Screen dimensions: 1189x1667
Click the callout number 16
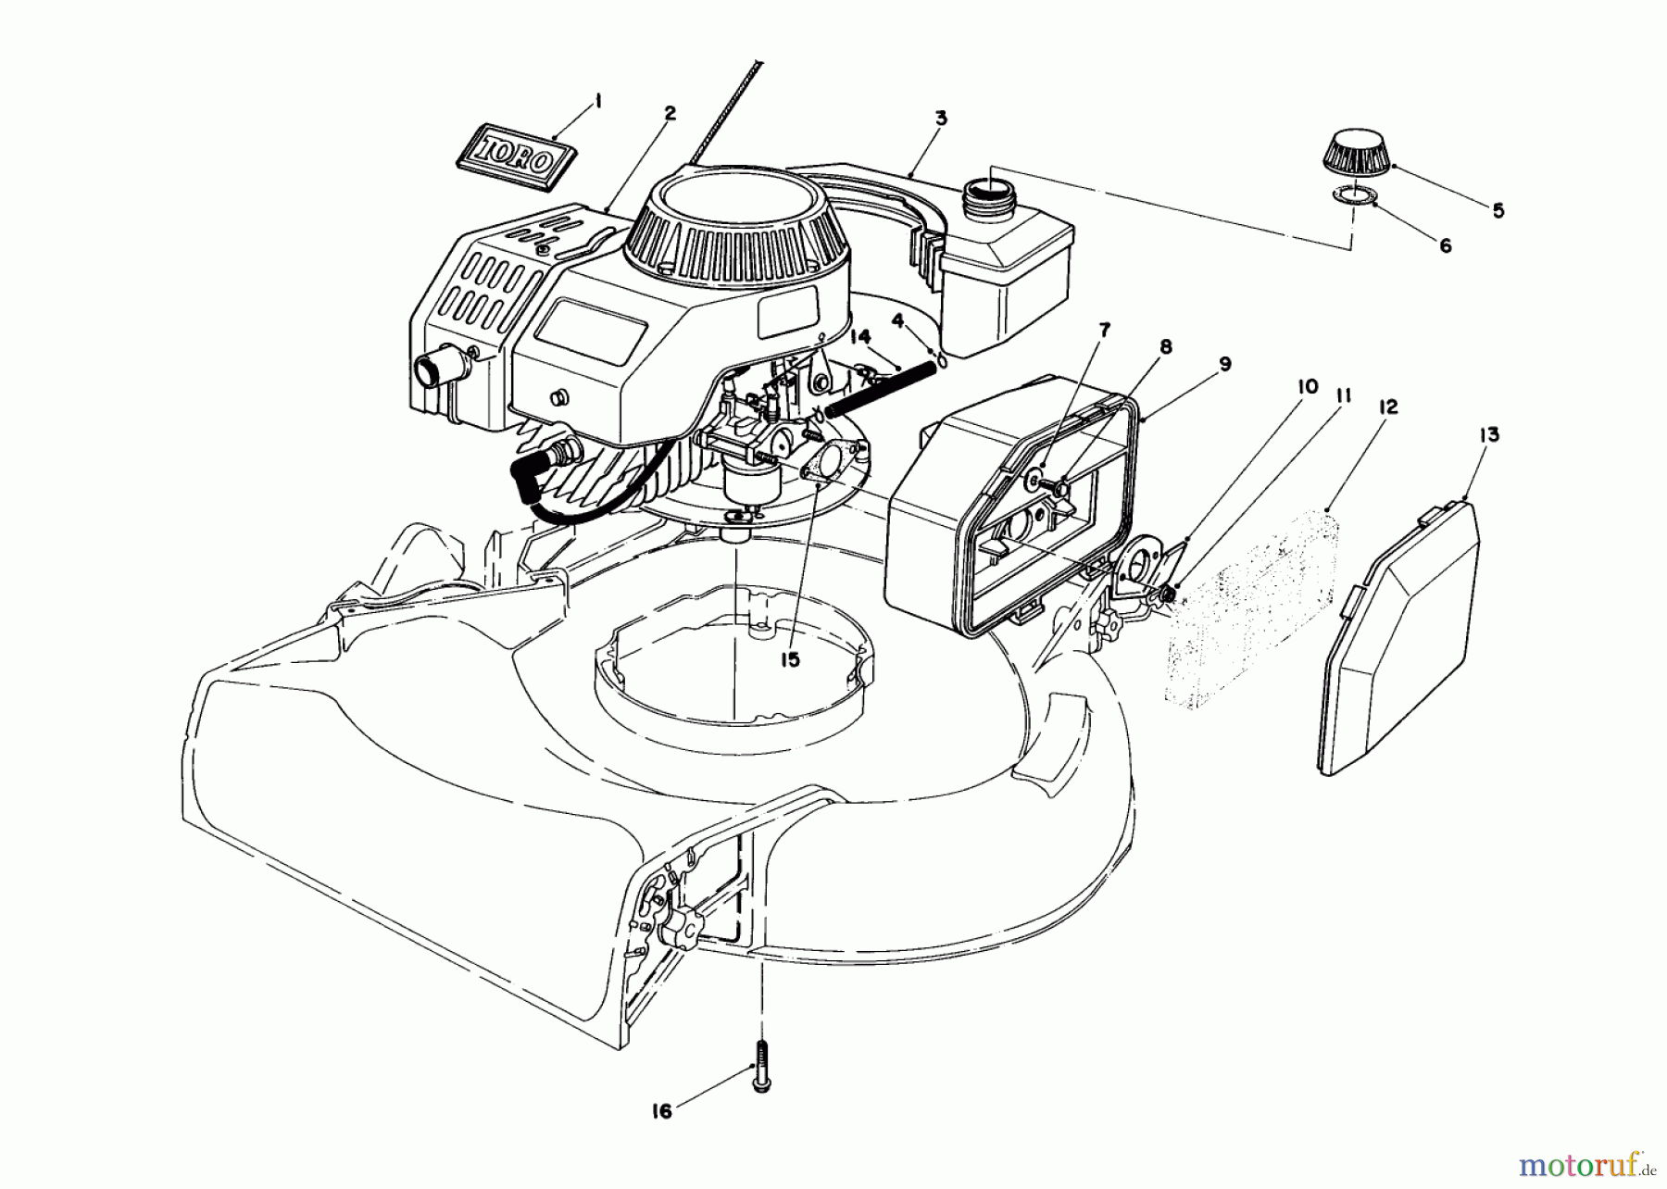click(660, 1111)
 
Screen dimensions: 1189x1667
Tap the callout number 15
click(789, 659)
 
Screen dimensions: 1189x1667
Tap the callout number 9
click(1224, 364)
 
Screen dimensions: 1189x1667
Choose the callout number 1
click(597, 103)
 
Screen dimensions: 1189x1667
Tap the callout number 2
click(670, 114)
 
